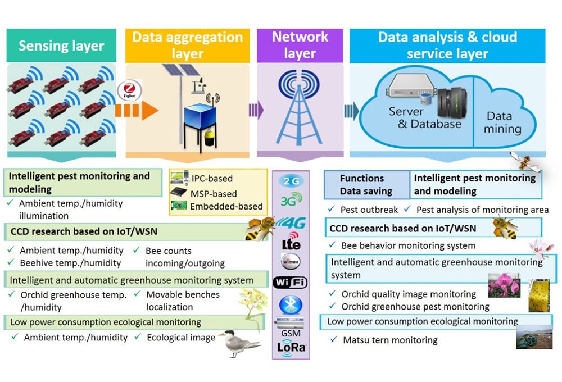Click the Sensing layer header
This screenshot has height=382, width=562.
[x=61, y=46]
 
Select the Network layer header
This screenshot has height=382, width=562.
[x=300, y=46]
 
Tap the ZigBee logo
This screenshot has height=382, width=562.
[x=129, y=91]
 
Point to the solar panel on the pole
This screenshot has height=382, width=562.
[x=181, y=71]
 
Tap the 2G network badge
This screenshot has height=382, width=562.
[x=291, y=181]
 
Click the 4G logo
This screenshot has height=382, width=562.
[x=291, y=222]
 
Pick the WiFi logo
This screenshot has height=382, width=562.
[x=291, y=282]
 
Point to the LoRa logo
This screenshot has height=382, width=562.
[x=291, y=347]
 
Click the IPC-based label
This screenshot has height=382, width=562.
[x=211, y=179]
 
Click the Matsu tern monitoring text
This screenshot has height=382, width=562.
[x=389, y=340]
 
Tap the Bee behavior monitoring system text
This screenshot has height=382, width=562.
[x=408, y=245]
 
